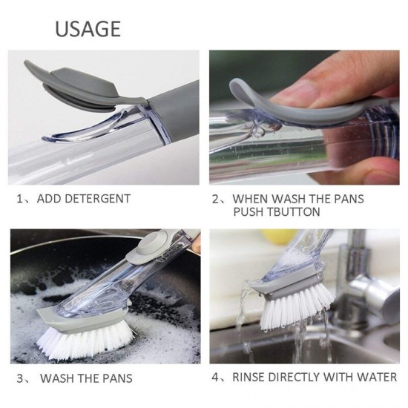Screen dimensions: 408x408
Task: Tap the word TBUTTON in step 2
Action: click(x=291, y=212)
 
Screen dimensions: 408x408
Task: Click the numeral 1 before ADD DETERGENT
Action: click(x=20, y=199)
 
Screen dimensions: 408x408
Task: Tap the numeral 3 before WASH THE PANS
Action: click(x=19, y=378)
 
